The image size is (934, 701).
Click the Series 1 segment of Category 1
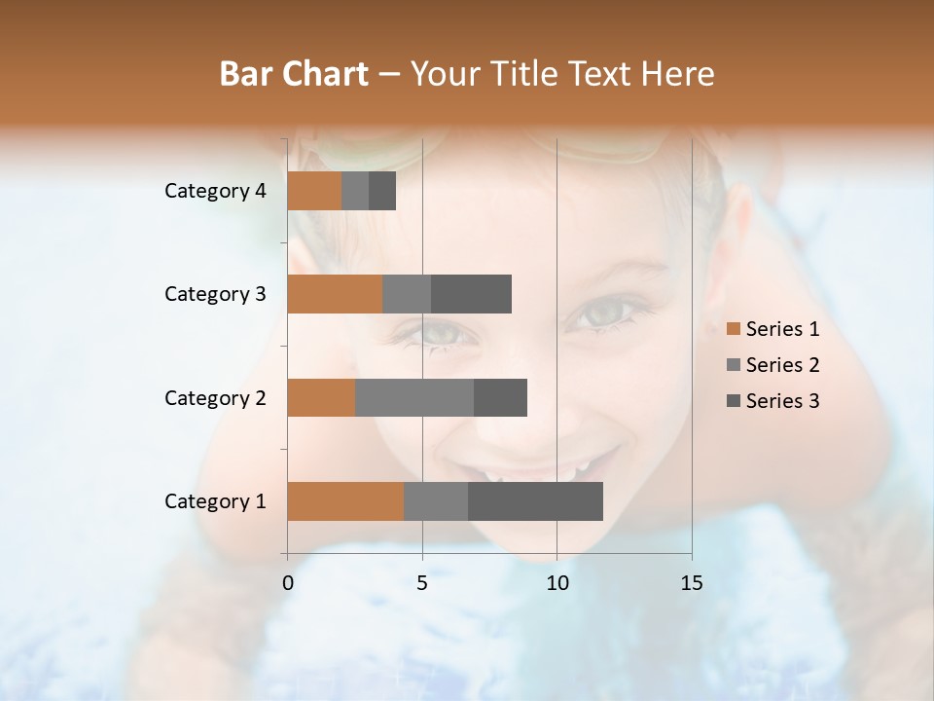(345, 501)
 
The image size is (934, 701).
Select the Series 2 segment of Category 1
(436, 501)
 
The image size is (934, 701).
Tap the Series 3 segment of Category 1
(535, 501)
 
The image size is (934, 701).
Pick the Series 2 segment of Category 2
(414, 397)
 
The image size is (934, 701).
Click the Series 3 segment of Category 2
(500, 397)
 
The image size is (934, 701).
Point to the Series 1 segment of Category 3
(335, 294)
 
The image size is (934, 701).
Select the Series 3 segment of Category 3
(471, 294)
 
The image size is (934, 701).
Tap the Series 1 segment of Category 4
(314, 191)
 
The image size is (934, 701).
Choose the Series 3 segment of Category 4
(382, 191)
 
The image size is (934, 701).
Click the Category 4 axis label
(215, 191)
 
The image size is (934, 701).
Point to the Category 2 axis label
(215, 397)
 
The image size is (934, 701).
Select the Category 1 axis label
(215, 501)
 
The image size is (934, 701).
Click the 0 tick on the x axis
(288, 583)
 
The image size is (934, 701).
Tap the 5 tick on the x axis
(422, 583)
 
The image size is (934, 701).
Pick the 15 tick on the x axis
(691, 583)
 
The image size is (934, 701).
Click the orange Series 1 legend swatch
(733, 329)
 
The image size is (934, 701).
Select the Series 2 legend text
(782, 365)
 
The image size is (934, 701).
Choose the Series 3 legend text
(782, 401)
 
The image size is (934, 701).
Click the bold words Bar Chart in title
(294, 74)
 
